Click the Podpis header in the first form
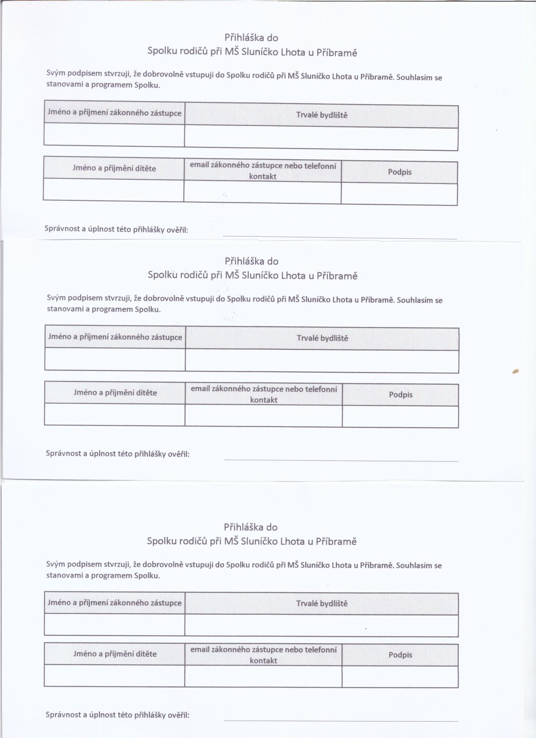tap(400, 172)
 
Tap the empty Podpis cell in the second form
tap(400, 416)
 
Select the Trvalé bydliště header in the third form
tap(322, 603)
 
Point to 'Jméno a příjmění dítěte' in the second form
tap(115, 393)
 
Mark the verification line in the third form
tap(341, 720)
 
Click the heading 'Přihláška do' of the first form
tap(251, 37)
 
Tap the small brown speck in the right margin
tap(515, 371)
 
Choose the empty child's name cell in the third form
tap(114, 676)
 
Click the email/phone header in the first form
tap(263, 171)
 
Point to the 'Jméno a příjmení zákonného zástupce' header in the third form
tap(115, 603)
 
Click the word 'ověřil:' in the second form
tap(179, 454)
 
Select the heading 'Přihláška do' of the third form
tap(251, 527)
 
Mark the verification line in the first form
tap(339, 238)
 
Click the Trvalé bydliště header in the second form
tap(323, 338)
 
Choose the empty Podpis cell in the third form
tap(400, 676)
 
